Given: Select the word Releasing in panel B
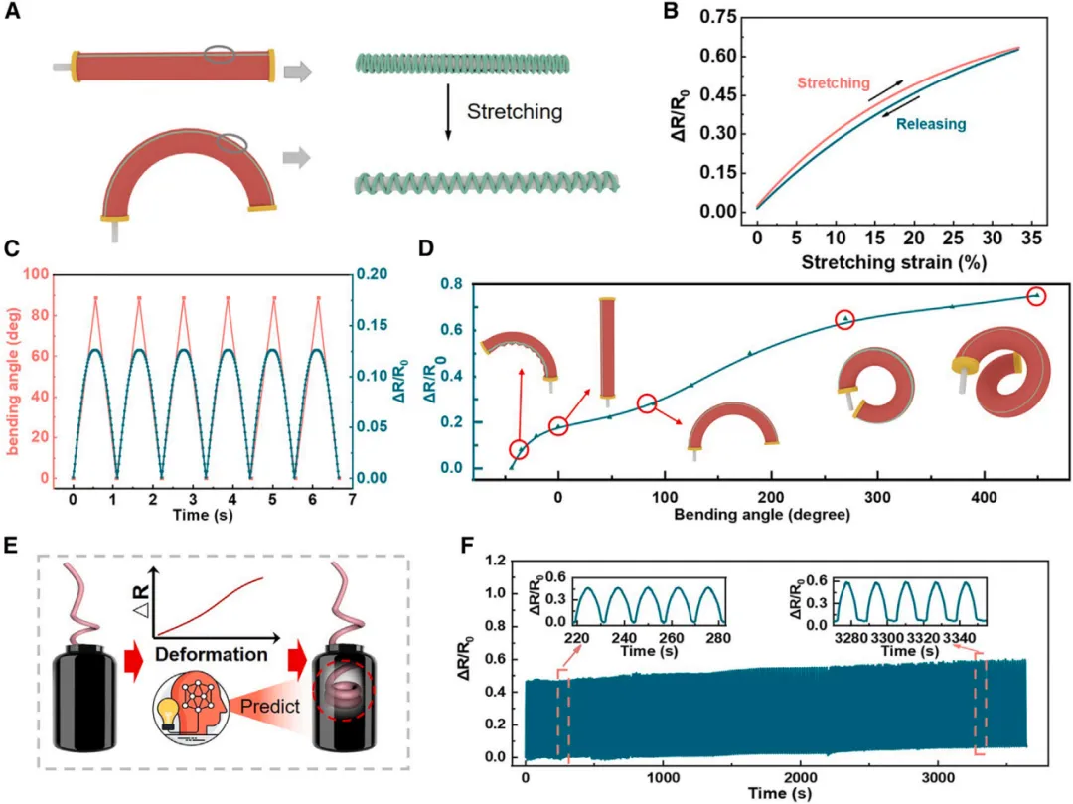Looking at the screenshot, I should [931, 125].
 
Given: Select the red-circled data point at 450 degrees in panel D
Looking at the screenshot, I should [1037, 295].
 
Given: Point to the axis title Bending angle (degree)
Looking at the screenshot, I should [760, 514].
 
